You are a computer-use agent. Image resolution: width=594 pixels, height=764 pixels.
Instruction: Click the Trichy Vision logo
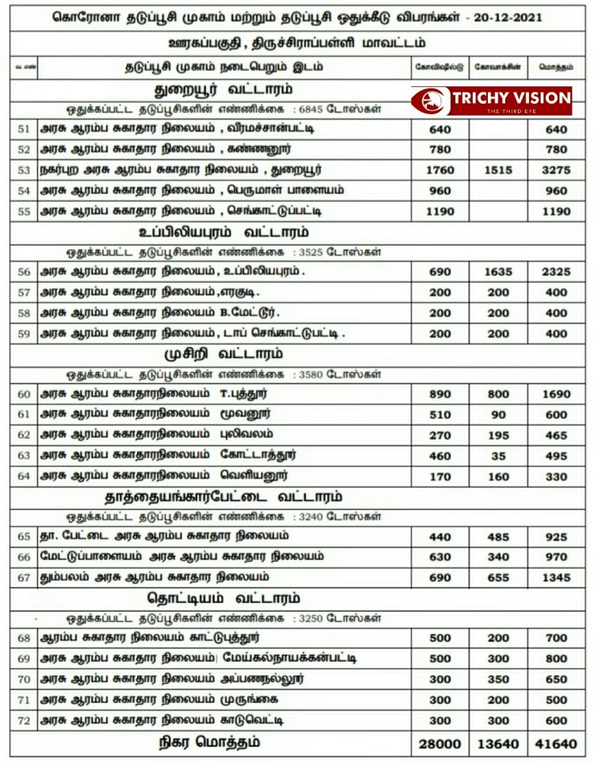[491, 101]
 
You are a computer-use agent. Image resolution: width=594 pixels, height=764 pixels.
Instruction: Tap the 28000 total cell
[440, 743]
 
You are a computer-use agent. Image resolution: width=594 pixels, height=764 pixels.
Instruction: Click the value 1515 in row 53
[497, 170]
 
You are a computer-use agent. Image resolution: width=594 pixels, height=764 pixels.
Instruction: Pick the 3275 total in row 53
[557, 170]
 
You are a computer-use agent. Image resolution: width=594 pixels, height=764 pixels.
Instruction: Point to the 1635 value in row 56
[497, 272]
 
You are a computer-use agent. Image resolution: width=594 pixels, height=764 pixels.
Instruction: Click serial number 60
[23, 394]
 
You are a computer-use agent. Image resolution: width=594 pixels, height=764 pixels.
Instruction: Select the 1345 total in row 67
[557, 578]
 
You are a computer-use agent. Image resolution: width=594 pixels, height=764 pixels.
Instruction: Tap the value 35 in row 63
[497, 456]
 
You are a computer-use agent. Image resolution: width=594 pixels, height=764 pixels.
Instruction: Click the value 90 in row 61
[497, 415]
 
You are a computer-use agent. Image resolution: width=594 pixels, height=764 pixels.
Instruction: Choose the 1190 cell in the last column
[557, 211]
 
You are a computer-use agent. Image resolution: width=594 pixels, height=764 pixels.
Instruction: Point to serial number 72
[23, 720]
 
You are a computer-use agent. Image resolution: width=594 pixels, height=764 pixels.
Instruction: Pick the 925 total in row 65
[557, 537]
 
